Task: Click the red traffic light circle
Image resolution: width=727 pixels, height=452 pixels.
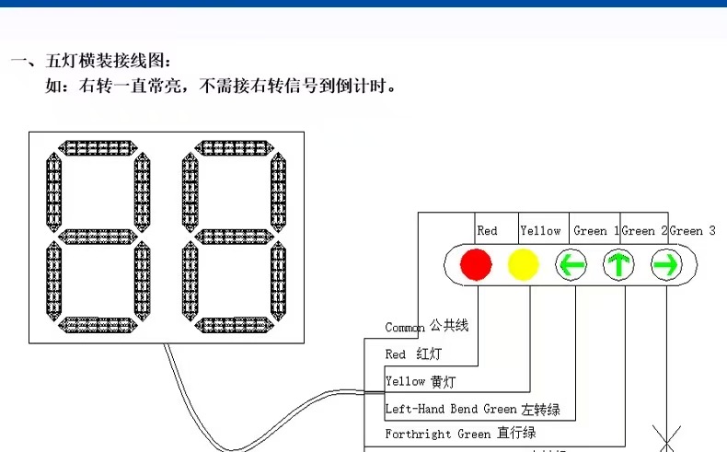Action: click(x=477, y=265)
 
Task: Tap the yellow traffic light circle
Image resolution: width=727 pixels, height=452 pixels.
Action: click(x=523, y=265)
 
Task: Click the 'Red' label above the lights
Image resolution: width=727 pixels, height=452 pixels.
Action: click(x=487, y=231)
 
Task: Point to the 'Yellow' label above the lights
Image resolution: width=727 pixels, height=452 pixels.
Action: click(x=540, y=231)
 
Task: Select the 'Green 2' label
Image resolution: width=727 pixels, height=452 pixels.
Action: click(x=644, y=231)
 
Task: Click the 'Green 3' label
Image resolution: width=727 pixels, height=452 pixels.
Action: click(x=692, y=231)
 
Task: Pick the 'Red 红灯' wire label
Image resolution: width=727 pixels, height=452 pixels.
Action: click(x=413, y=354)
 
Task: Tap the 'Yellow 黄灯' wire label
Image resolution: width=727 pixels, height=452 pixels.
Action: click(x=420, y=381)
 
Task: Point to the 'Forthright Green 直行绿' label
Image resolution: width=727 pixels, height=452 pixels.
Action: click(x=460, y=433)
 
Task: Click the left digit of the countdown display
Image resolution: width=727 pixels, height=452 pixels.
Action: click(x=98, y=238)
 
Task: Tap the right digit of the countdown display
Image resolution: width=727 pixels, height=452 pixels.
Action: click(x=234, y=238)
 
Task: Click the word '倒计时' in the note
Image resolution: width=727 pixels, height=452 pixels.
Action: click(x=366, y=88)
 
